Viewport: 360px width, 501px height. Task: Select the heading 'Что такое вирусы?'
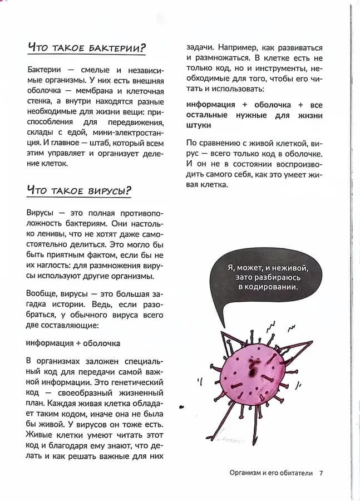(x=79, y=191)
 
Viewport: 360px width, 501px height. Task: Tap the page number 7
(x=321, y=473)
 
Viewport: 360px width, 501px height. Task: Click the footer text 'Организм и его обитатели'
(x=271, y=473)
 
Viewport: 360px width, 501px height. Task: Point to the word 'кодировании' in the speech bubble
(x=272, y=287)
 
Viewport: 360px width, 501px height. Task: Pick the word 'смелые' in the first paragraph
(x=97, y=70)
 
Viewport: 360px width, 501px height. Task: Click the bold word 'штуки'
(x=199, y=126)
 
